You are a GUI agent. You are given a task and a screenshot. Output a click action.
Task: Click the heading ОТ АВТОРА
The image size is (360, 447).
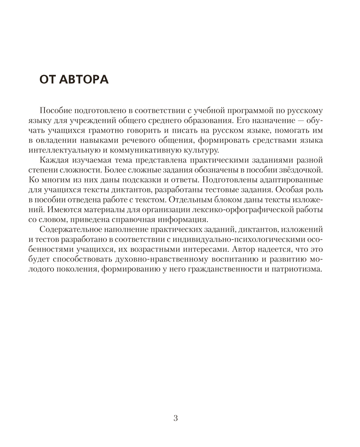click(x=74, y=80)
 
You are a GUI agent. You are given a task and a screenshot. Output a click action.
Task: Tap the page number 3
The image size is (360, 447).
click(x=176, y=418)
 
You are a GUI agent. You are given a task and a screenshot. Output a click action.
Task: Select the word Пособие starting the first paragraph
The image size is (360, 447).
click(x=56, y=110)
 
